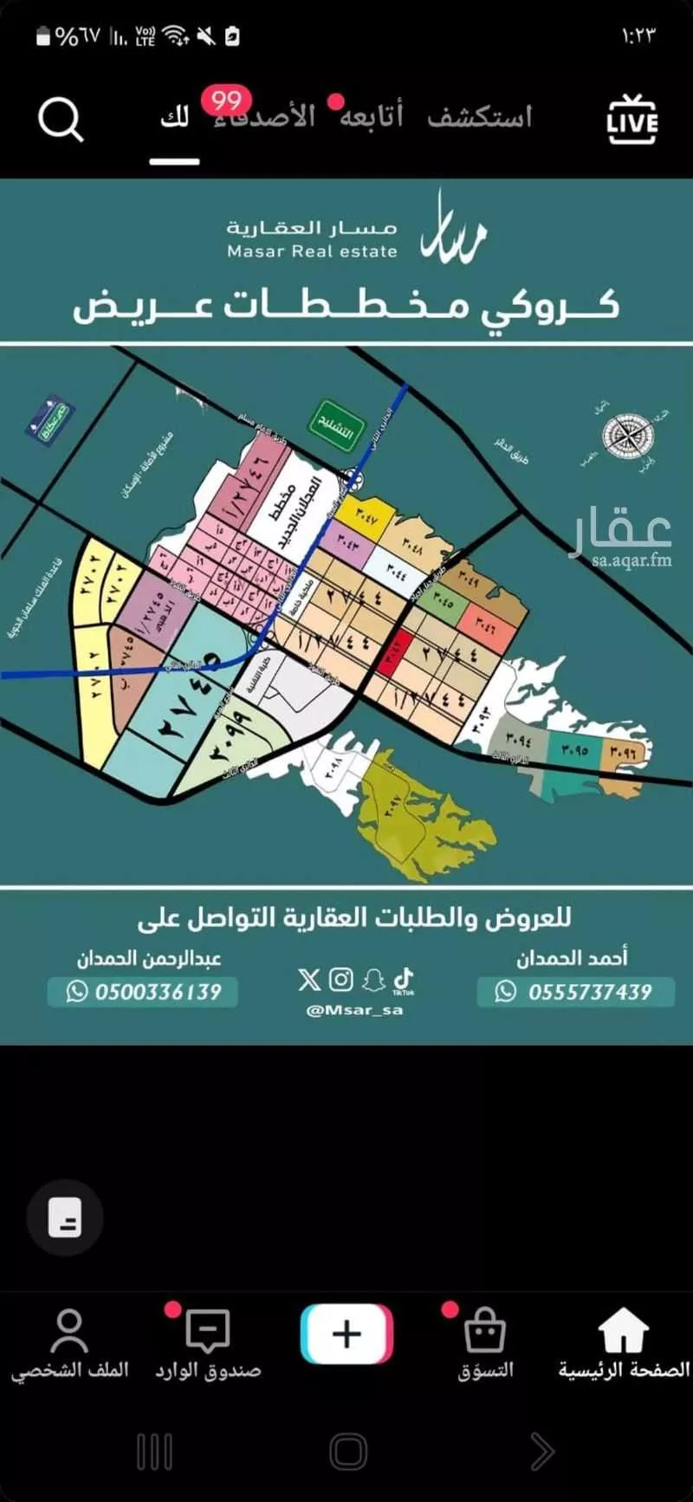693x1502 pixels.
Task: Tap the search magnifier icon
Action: pos(60,120)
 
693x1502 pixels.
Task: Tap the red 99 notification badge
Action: pos(227,100)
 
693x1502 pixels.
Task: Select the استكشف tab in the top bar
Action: pos(479,117)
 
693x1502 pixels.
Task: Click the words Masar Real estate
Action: pos(312,252)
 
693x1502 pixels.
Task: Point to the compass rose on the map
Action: pos(628,436)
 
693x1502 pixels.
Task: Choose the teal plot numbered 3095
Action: pos(573,750)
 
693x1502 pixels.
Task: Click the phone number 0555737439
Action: pos(576,992)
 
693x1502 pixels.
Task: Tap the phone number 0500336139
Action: pos(143,992)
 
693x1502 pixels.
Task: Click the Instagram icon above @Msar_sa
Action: pos(341,979)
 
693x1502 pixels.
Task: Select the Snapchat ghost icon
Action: pos(373,980)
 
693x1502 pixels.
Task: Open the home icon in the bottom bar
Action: pos(624,1332)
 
